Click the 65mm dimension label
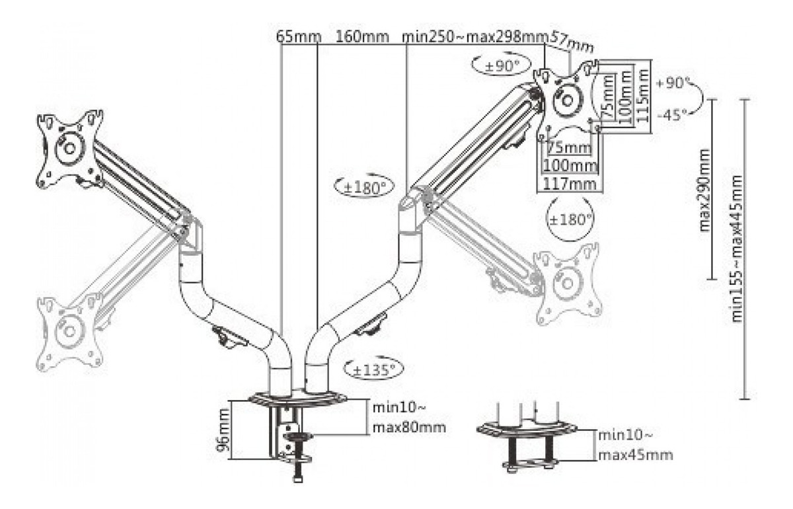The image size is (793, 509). (x=299, y=37)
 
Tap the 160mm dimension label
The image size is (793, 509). (x=361, y=37)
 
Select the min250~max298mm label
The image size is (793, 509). (x=475, y=37)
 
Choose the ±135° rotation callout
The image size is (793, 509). (x=374, y=370)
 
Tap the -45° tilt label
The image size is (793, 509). (x=672, y=115)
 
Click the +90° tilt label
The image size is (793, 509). (x=671, y=83)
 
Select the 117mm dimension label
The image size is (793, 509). (x=570, y=184)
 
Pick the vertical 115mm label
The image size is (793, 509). (x=643, y=95)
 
